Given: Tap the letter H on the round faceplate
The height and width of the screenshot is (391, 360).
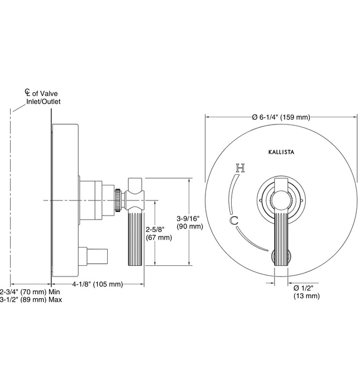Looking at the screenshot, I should [239, 167].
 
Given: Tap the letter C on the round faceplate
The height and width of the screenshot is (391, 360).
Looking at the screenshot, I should [234, 220].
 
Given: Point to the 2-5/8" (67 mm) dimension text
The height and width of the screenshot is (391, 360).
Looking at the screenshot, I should [159, 233].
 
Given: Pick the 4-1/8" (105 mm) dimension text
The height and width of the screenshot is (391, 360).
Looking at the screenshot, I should [97, 284].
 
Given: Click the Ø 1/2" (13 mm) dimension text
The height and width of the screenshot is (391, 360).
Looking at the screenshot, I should [306, 292].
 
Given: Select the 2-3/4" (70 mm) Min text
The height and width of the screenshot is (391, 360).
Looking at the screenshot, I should [30, 292].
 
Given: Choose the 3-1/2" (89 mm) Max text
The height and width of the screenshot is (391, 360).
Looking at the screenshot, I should [31, 299].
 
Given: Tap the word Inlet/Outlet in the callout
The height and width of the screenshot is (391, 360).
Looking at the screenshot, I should [44, 102].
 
